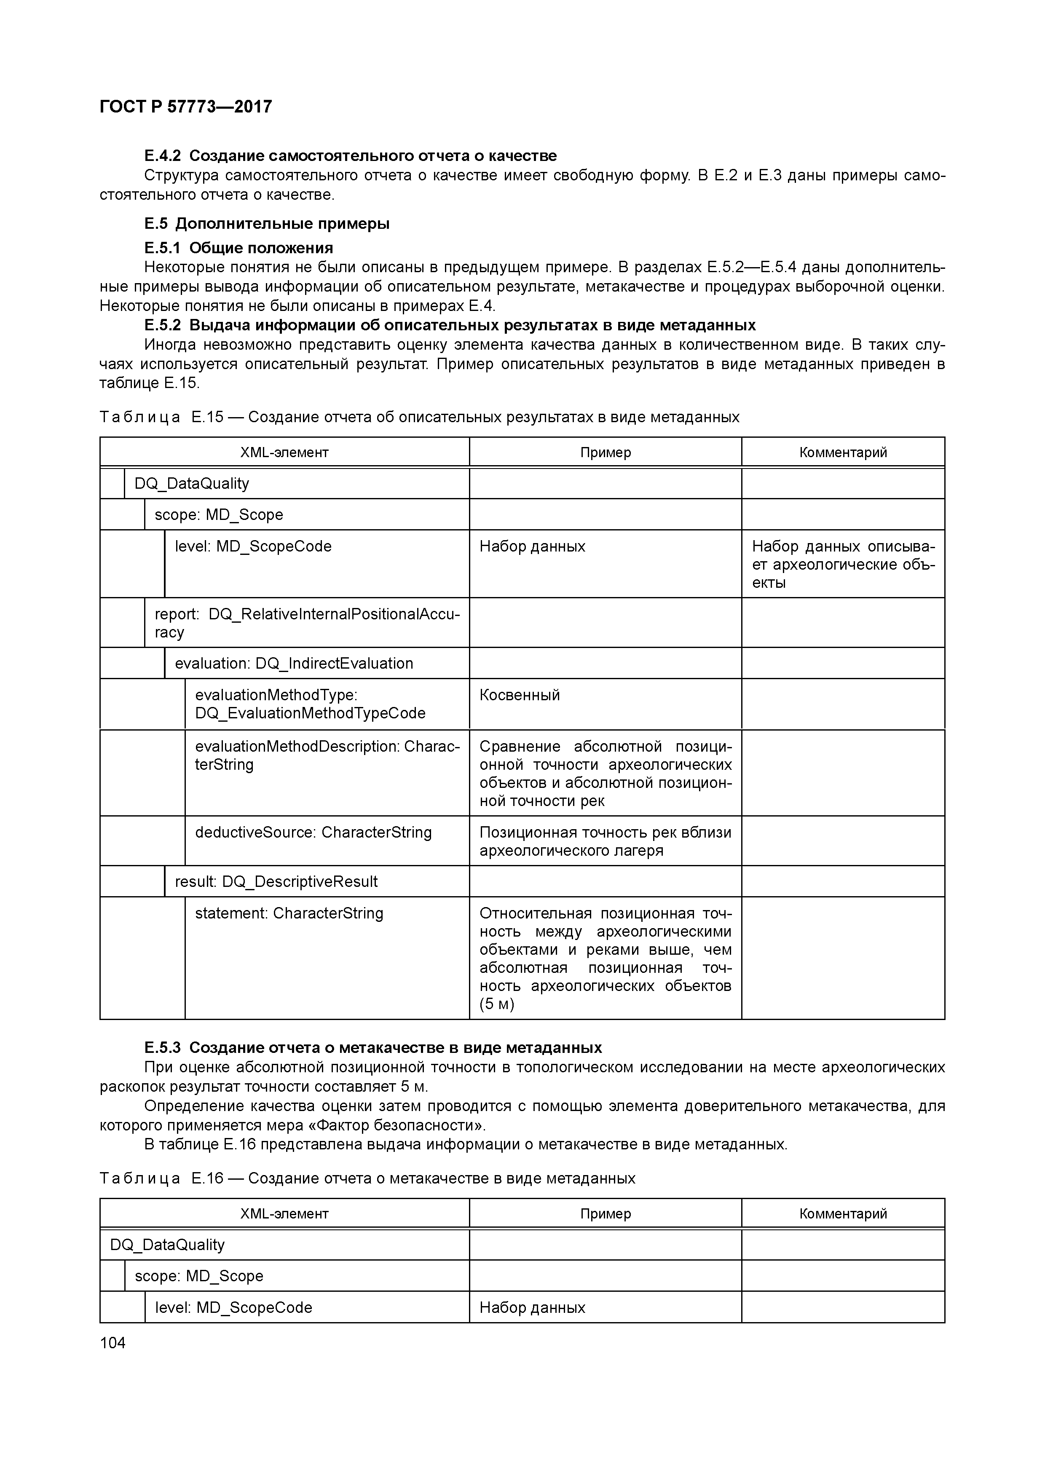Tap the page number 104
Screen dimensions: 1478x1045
pyautogui.click(x=113, y=1343)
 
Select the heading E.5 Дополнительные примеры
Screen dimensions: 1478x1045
pyautogui.click(x=267, y=224)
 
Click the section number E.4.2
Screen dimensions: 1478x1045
pyautogui.click(x=162, y=156)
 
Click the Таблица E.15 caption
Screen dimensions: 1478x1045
pyautogui.click(x=419, y=417)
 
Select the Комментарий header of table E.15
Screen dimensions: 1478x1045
pyautogui.click(x=842, y=453)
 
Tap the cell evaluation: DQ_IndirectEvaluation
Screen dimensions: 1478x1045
pyautogui.click(x=294, y=664)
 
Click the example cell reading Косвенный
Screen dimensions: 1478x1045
pyautogui.click(x=520, y=695)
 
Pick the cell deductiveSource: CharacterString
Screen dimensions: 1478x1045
pyautogui.click(x=313, y=833)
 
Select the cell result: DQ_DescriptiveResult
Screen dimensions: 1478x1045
pyautogui.click(x=276, y=882)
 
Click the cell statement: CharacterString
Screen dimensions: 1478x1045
pyautogui.click(x=289, y=913)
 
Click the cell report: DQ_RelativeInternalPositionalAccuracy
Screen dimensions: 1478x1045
pyautogui.click(x=306, y=622)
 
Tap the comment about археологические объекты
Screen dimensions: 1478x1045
pyautogui.click(x=842, y=565)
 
